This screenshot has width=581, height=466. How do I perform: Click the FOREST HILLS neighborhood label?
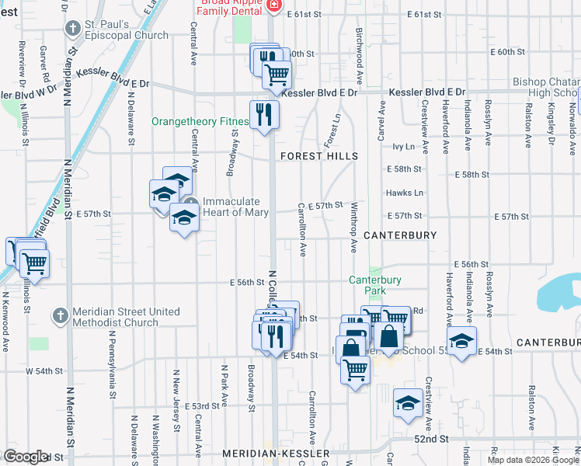[318, 156]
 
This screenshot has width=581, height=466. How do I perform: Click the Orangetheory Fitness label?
[200, 121]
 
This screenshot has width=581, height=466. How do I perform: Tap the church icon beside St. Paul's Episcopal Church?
[73, 29]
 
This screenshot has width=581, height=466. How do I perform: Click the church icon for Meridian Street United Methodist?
[61, 315]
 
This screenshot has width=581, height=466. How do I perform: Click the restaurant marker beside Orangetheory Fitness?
[264, 115]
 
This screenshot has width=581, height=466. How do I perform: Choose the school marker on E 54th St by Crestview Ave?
[461, 342]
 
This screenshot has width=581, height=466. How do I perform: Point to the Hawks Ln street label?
[404, 193]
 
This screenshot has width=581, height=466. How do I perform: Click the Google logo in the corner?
[26, 457]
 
